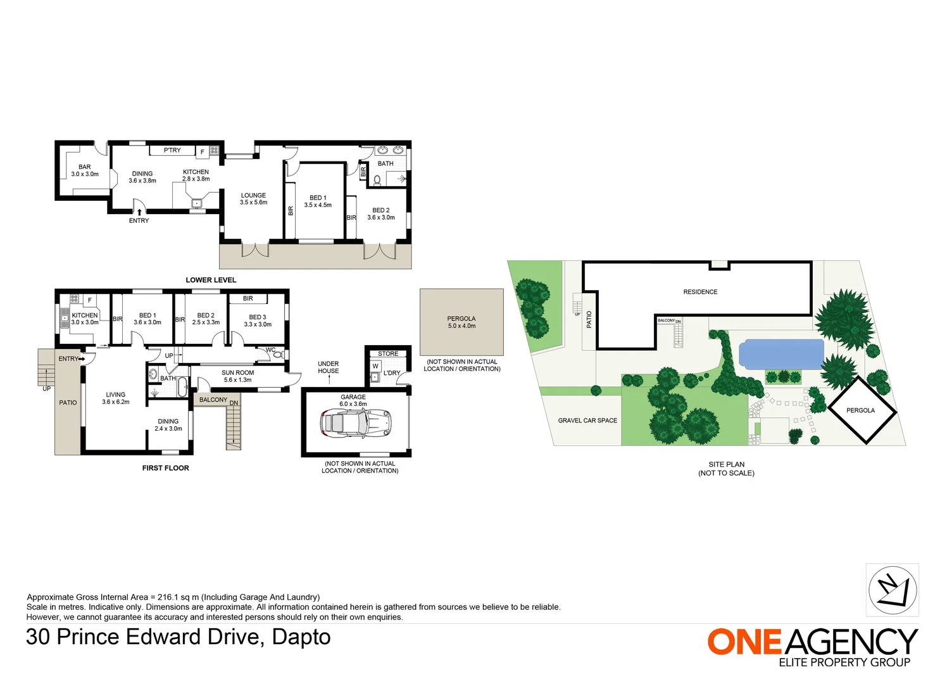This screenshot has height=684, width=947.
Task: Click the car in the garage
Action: click(356, 422)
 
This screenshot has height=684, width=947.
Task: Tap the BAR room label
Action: click(85, 170)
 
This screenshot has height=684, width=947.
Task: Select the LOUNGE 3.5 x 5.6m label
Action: click(253, 199)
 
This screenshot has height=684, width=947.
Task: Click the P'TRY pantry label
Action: click(172, 151)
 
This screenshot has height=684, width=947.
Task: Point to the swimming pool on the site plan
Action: click(781, 354)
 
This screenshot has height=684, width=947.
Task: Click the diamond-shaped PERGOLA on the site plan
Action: click(861, 410)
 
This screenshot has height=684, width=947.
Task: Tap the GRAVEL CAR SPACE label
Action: click(587, 421)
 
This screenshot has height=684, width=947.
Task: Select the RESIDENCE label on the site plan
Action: click(700, 292)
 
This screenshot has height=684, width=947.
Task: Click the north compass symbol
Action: click(893, 590)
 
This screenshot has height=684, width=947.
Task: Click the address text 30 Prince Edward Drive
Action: click(178, 636)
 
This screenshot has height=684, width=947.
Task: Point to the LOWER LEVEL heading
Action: click(211, 280)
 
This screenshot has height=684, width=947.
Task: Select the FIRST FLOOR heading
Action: click(165, 468)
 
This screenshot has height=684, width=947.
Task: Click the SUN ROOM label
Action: click(237, 376)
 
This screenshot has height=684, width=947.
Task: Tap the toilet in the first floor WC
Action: click(277, 355)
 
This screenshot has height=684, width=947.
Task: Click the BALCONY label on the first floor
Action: click(213, 400)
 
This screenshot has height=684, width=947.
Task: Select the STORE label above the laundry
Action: click(388, 353)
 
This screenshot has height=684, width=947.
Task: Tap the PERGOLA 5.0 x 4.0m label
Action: click(461, 322)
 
